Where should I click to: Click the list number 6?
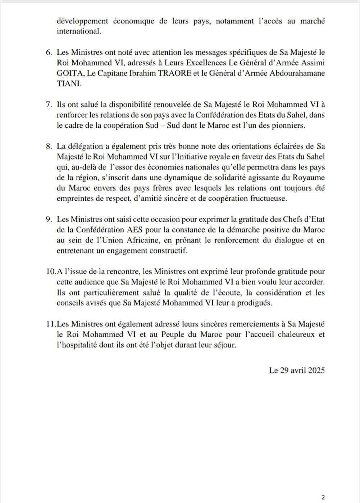pyautogui.click(x=49, y=53)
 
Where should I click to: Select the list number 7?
pyautogui.click(x=49, y=105)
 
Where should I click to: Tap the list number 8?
pyautogui.click(x=49, y=146)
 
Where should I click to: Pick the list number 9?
pyautogui.click(x=49, y=219)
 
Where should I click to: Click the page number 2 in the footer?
pyautogui.click(x=323, y=497)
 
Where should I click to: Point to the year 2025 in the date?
pyautogui.click(x=316, y=370)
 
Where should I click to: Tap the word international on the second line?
pyautogui.click(x=78, y=31)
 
